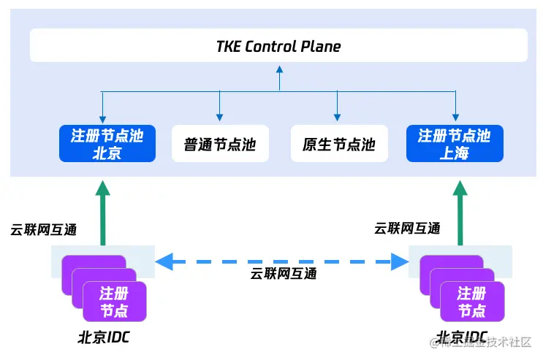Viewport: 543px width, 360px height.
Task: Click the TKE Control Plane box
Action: coord(278,45)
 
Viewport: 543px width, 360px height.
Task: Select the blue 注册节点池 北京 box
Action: coord(107,143)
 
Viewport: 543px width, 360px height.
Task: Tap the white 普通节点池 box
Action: coord(220,144)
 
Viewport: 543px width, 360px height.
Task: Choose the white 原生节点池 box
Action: coord(338,144)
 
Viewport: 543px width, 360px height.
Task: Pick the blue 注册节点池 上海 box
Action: coord(455,143)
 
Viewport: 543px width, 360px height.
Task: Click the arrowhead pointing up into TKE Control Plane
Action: coord(278,70)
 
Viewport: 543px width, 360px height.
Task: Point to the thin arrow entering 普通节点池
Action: coord(219,110)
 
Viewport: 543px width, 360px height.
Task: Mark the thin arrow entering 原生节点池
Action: coord(337,110)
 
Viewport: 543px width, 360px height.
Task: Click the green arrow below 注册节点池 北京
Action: coord(103,212)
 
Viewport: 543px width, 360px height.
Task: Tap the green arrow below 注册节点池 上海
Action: coord(460,212)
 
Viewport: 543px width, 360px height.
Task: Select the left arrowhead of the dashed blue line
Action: coord(164,261)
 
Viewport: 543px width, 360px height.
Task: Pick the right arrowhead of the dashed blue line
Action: coord(399,261)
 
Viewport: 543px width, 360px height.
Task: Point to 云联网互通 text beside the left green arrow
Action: coord(43,229)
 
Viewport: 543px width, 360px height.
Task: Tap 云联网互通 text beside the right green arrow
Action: coord(407,229)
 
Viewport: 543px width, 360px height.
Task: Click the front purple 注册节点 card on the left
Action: coord(115,302)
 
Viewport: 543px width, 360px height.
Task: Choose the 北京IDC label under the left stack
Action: coord(104,338)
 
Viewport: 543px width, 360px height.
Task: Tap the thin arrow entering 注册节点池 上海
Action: coord(455,110)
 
